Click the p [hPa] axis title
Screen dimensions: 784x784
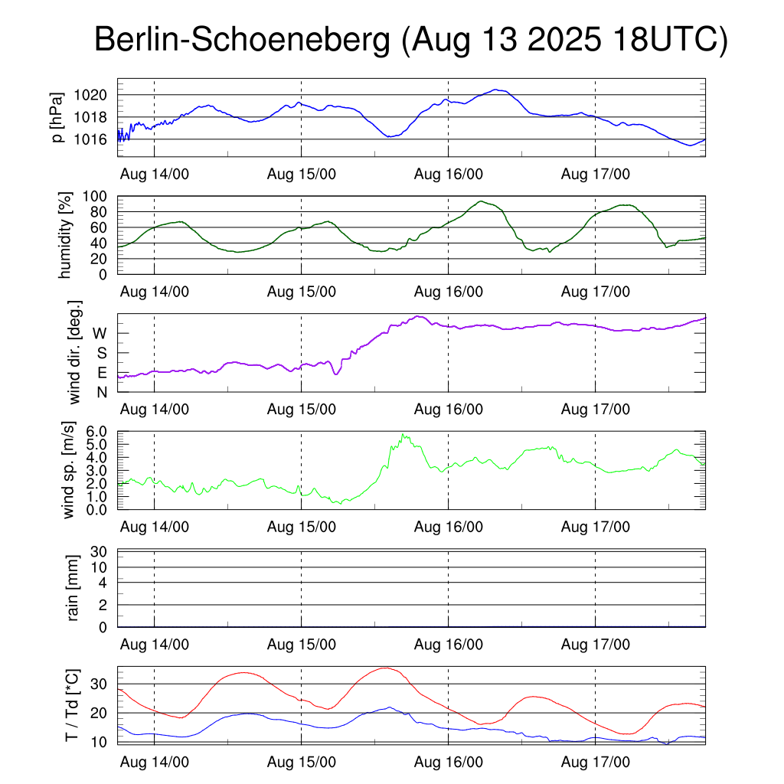coord(57,117)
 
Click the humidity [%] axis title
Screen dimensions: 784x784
coord(67,234)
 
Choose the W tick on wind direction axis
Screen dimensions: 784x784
coord(100,333)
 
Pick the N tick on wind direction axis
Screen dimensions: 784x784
coord(101,392)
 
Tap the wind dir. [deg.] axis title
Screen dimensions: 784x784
coord(75,351)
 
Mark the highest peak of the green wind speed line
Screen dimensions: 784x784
coord(403,434)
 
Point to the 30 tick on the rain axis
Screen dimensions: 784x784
coord(100,551)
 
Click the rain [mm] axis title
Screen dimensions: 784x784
coord(74,589)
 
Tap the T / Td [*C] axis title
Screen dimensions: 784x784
coord(71,705)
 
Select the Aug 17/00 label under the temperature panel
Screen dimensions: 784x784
coord(596,763)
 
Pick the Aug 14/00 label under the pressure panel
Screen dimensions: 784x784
coord(155,174)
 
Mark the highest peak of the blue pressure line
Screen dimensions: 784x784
coord(497,90)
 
